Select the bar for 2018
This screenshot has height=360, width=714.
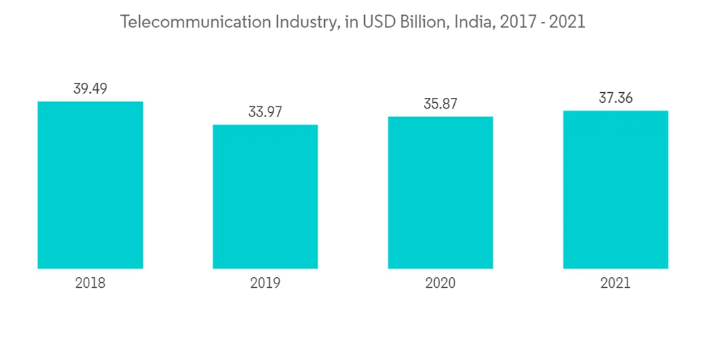90,185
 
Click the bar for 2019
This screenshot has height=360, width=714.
265,196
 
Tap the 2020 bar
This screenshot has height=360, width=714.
441,192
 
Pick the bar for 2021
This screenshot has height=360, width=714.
615,189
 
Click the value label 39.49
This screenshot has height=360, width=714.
90,89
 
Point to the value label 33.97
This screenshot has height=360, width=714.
265,112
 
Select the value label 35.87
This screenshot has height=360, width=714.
441,104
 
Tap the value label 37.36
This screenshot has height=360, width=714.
615,98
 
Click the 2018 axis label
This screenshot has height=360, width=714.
90,283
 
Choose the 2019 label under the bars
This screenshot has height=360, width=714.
265,283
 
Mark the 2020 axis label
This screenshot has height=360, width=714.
441,283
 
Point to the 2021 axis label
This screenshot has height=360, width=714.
615,283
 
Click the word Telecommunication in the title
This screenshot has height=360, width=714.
195,22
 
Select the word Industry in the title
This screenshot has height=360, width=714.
306,22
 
